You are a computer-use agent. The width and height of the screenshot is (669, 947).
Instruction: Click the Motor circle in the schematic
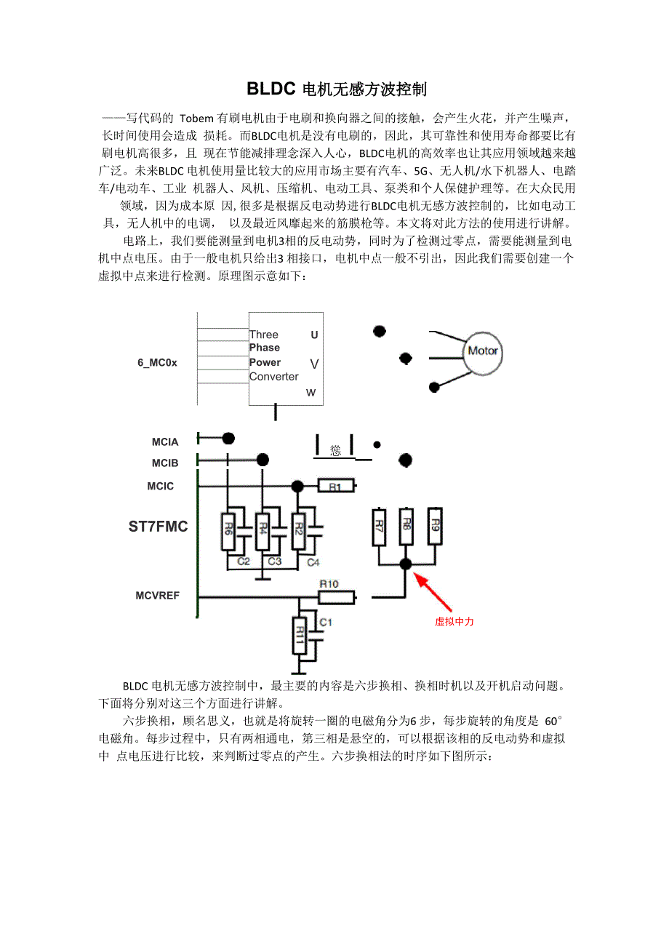coord(483,351)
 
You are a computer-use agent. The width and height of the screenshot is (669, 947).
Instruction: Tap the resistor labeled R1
coord(336,486)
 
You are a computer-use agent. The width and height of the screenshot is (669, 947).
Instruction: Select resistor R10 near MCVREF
coord(336,597)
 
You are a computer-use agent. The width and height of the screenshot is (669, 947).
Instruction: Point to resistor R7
coord(378,526)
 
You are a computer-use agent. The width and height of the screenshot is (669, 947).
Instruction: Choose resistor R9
coord(435,525)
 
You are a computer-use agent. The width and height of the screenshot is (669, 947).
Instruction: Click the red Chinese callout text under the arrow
coord(454,622)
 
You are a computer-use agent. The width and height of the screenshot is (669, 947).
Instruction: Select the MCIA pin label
coord(165,441)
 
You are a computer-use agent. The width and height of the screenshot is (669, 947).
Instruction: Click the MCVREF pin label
coord(157,596)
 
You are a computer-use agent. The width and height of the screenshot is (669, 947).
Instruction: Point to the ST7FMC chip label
coord(158,527)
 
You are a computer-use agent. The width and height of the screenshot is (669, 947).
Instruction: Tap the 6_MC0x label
coord(157,362)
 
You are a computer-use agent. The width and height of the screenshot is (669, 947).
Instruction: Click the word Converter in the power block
coord(273,377)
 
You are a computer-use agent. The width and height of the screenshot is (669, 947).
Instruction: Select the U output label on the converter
coord(314,335)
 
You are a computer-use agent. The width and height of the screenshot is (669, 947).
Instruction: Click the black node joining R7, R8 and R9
coord(406,564)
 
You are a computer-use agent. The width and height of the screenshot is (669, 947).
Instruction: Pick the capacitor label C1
coord(326,623)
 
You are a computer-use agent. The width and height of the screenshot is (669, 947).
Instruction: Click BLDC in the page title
coord(271,89)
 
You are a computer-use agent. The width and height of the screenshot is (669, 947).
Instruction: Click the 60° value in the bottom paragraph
coord(553,721)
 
